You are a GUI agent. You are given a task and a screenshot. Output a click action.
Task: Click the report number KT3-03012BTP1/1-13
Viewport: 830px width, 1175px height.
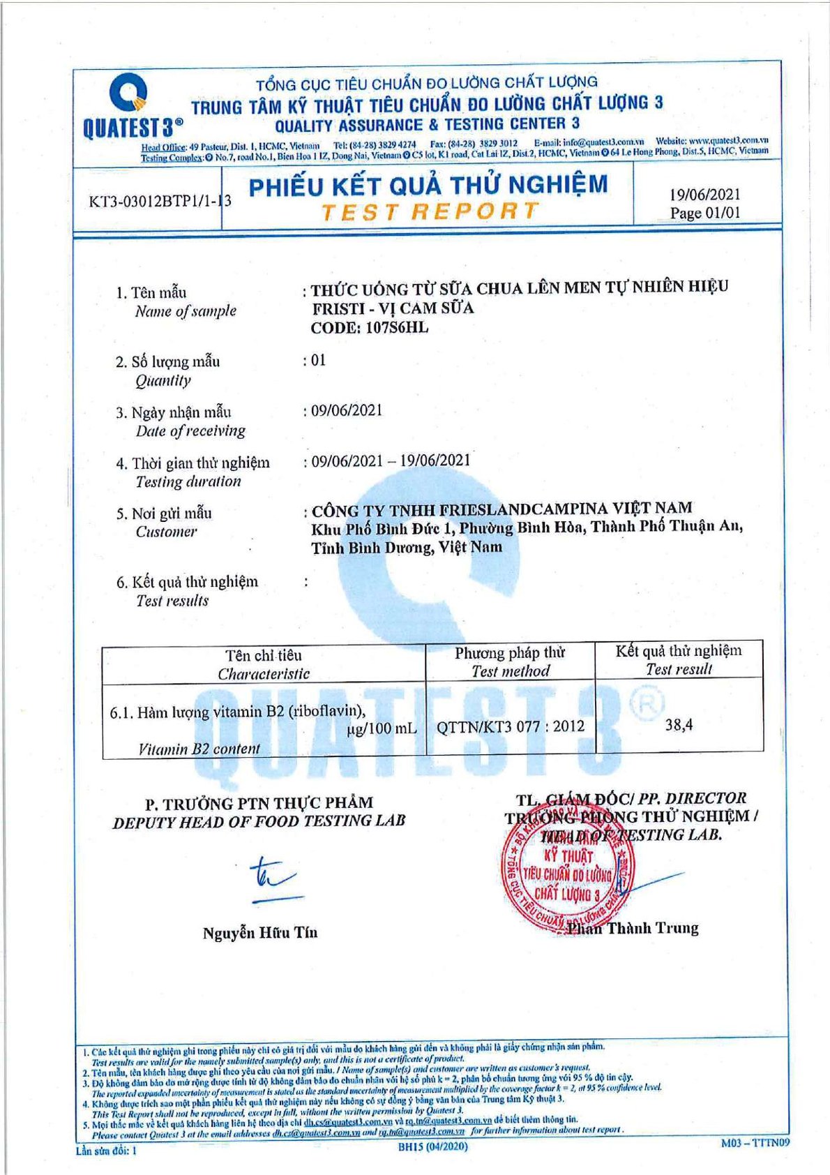click(160, 202)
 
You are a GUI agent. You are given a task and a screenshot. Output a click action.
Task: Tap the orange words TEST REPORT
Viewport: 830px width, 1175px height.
click(430, 211)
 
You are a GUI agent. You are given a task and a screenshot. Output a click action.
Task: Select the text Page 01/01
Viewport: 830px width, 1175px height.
click(704, 213)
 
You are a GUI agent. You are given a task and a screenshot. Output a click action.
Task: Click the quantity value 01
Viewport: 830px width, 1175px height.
click(318, 361)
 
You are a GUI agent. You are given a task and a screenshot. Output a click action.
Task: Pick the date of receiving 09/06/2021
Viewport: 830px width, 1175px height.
click(347, 410)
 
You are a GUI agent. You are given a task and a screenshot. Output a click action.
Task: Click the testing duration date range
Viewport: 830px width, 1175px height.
click(390, 461)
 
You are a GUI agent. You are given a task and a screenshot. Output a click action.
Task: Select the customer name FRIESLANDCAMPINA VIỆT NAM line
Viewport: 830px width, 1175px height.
click(501, 509)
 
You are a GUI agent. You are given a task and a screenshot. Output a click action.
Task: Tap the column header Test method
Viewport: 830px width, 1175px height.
click(511, 671)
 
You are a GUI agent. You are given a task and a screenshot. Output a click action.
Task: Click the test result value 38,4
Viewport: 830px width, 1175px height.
click(679, 725)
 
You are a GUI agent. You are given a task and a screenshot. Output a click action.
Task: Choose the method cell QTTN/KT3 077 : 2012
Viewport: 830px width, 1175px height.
click(510, 727)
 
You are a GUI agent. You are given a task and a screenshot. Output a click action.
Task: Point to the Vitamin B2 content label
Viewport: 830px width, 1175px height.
click(199, 749)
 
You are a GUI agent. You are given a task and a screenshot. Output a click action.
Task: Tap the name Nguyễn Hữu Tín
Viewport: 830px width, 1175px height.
click(259, 933)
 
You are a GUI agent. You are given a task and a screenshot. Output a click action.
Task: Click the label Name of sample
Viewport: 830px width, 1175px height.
click(186, 311)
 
